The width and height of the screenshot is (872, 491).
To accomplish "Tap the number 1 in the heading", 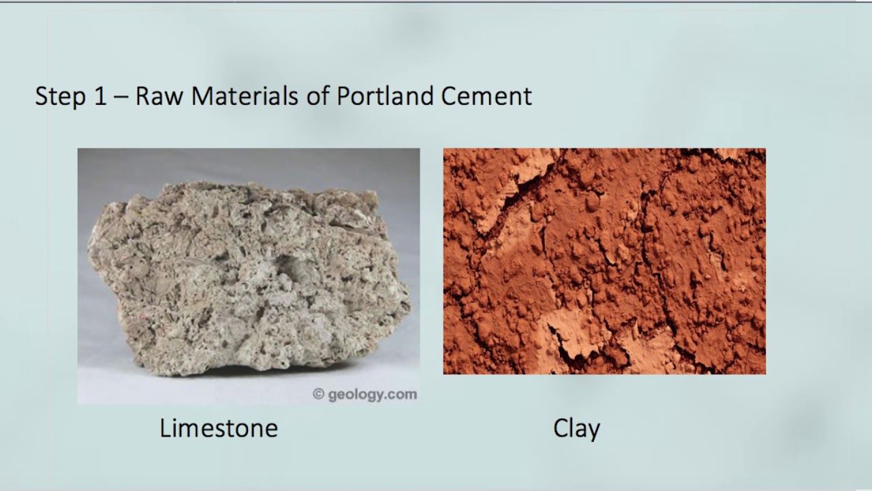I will tap(100, 96).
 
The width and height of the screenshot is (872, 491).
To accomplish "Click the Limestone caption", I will tap(219, 428).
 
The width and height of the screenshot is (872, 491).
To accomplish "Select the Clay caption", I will tap(576, 428).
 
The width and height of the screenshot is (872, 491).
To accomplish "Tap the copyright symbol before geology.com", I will tap(318, 394).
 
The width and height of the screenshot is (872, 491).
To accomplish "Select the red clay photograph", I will tap(604, 261).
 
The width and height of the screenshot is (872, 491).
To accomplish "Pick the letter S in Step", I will tap(42, 96).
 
